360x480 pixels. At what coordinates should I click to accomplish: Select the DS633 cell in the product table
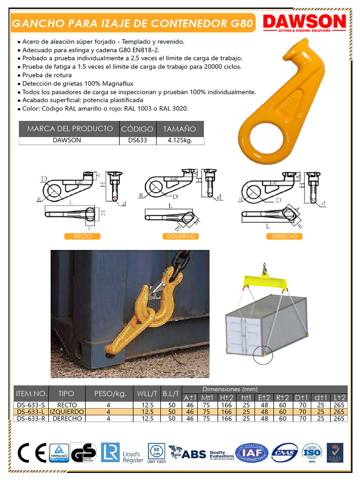click(137, 140)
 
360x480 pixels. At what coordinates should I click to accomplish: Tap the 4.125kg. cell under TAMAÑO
click(180, 140)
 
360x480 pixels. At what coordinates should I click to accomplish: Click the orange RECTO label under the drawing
click(82, 237)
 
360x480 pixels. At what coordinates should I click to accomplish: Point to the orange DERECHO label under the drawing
click(284, 237)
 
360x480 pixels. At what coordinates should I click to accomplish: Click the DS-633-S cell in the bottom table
click(31, 405)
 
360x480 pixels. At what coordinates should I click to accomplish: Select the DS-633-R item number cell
click(31, 419)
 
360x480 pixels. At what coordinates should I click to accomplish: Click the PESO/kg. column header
click(110, 394)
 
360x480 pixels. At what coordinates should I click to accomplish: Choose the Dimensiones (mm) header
click(230, 389)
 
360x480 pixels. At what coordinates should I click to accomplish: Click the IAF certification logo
click(252, 453)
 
